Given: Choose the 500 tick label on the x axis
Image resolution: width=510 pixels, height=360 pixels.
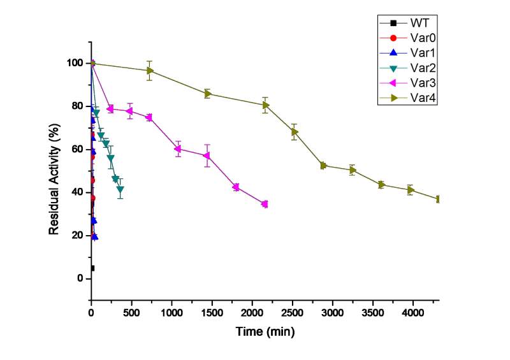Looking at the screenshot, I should (x=131, y=313).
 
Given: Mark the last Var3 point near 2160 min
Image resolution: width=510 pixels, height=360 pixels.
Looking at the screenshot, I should (x=265, y=204).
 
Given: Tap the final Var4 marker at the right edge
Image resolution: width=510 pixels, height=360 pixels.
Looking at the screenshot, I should (x=439, y=199).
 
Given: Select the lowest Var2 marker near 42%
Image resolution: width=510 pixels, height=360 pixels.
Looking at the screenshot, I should (x=120, y=189).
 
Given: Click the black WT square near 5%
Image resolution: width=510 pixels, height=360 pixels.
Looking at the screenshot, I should (x=92, y=268).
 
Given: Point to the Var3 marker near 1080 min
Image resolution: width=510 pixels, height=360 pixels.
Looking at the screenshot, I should (x=178, y=148).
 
